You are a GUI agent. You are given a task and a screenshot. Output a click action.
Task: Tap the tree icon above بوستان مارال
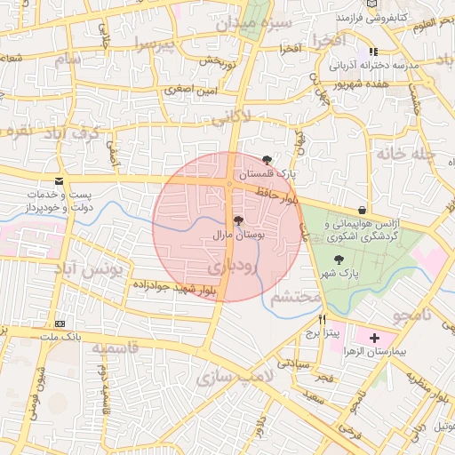pos(237,220)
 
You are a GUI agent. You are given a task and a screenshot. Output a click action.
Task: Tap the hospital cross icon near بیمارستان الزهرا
pos(374,338)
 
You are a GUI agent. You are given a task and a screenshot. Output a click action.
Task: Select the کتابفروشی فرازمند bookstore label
pos(371,18)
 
